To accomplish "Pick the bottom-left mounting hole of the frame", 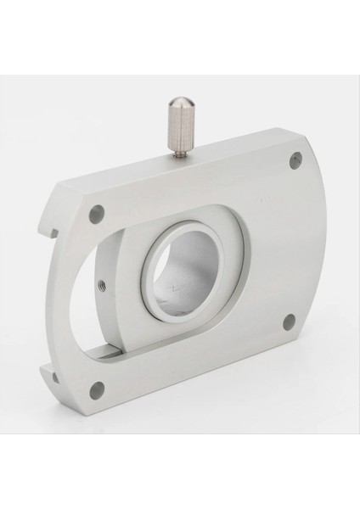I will pos(97,389).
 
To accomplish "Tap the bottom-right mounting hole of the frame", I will pos(289,321).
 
